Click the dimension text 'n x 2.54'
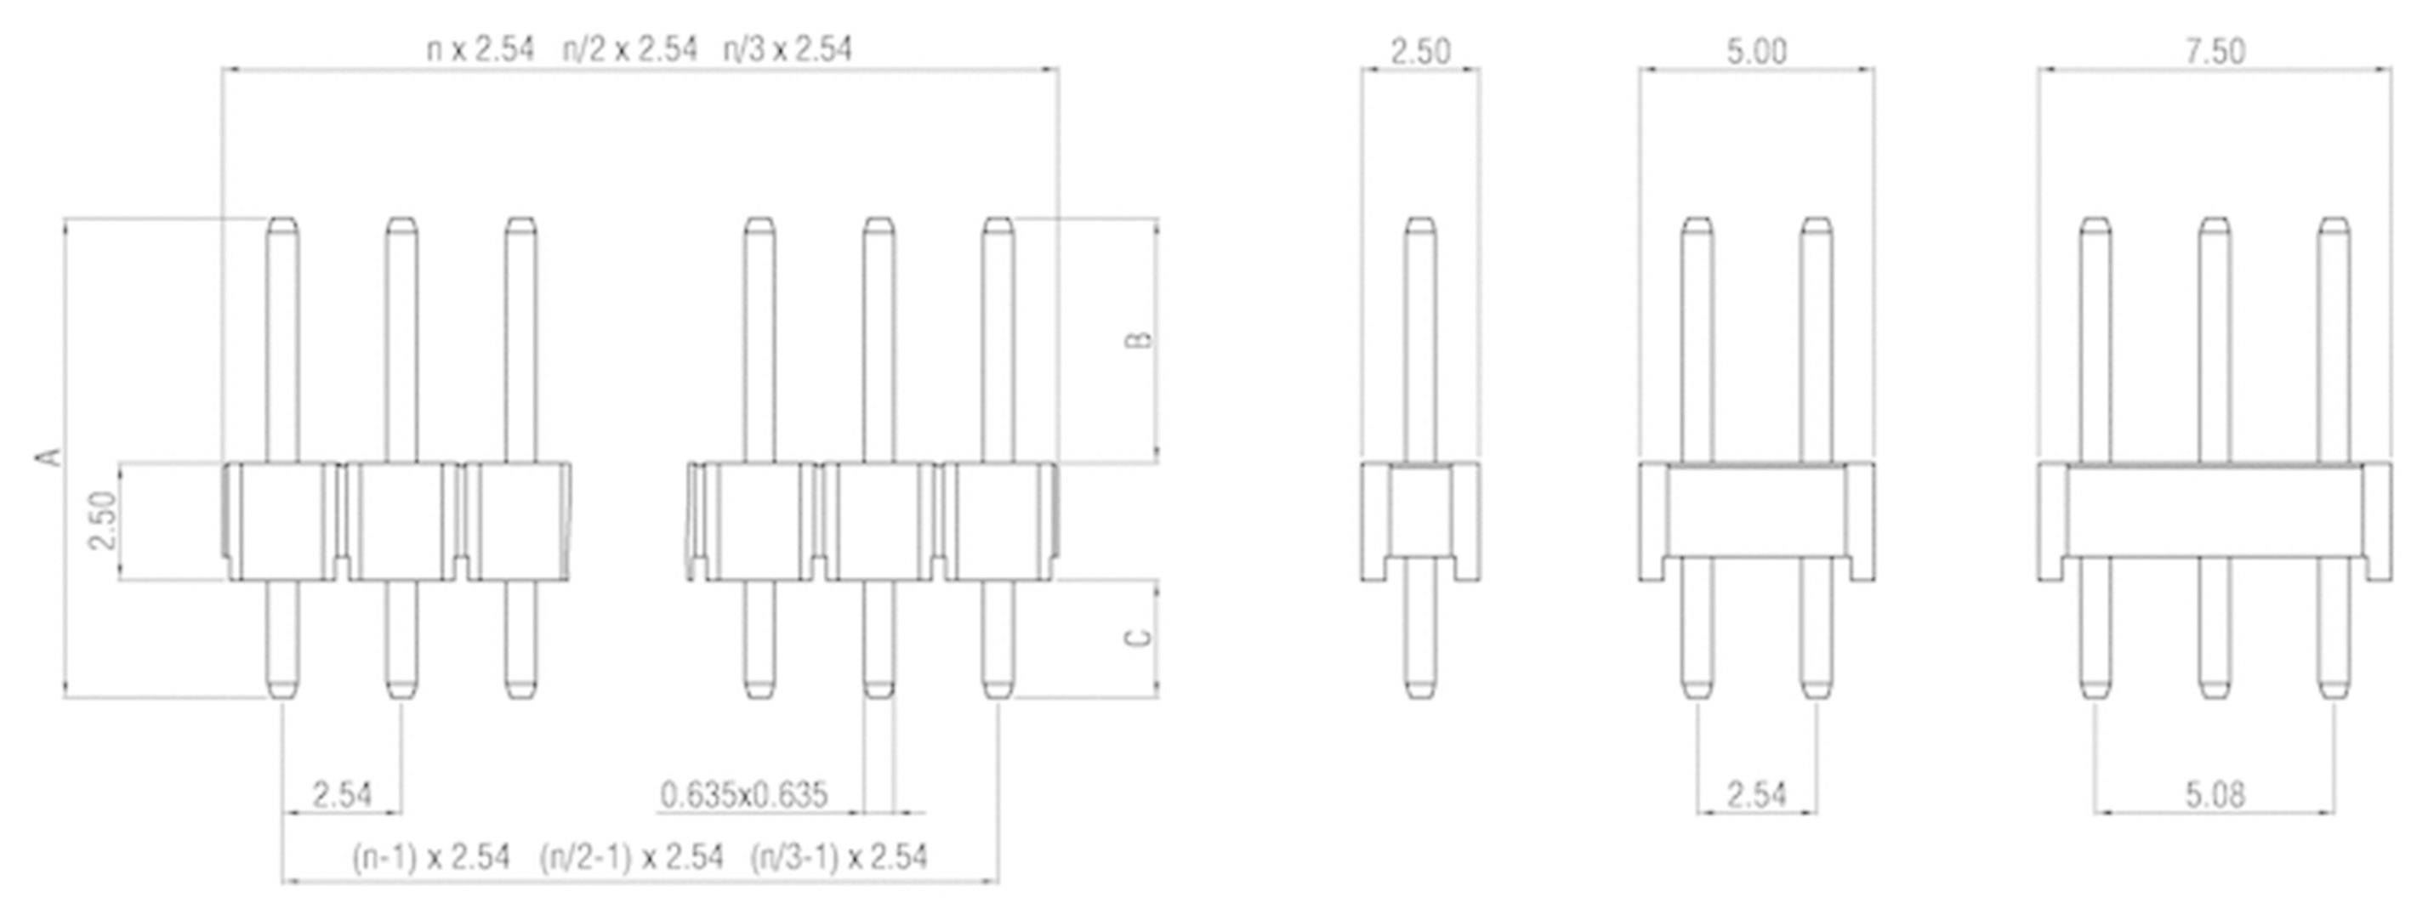(x=480, y=49)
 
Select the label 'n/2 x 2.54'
(x=629, y=49)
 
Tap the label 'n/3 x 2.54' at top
(x=787, y=49)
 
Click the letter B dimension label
(x=1140, y=339)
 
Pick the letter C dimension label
(x=1140, y=639)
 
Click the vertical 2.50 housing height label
(x=102, y=520)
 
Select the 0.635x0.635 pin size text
(x=742, y=795)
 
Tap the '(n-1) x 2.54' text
(x=430, y=858)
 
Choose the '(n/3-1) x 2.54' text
(x=838, y=858)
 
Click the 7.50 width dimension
(x=2215, y=51)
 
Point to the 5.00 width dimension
(x=1756, y=51)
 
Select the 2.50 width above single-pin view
(x=1420, y=51)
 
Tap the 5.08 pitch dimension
(x=2215, y=795)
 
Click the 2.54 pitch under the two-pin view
(x=1756, y=795)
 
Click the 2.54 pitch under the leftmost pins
(x=342, y=795)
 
